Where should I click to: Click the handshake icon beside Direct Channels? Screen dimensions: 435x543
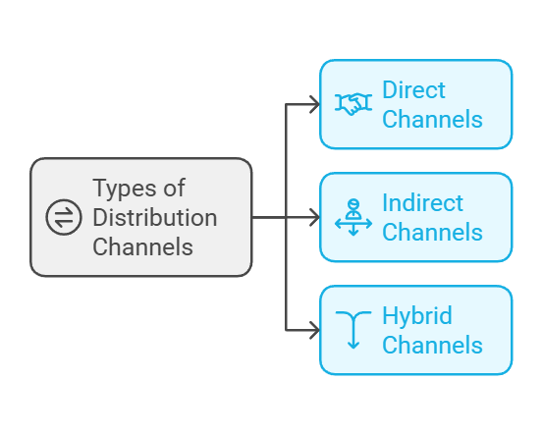[x=353, y=104]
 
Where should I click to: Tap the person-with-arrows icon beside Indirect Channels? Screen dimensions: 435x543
[x=353, y=217]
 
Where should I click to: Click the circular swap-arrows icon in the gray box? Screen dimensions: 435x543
[x=64, y=217]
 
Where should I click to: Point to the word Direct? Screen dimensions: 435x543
[x=413, y=90]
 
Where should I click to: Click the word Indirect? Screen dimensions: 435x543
[x=422, y=203]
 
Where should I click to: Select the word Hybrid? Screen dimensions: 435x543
[x=416, y=316]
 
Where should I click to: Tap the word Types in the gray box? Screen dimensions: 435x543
[x=126, y=188]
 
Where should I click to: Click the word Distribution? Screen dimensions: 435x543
[x=154, y=217]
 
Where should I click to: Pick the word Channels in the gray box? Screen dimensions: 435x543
[x=142, y=246]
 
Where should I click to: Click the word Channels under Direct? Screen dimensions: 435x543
[x=432, y=120]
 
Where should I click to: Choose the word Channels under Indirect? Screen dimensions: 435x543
[x=432, y=233]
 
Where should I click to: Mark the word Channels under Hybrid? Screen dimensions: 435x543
[x=432, y=346]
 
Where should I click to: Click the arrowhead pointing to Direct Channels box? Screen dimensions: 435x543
[x=314, y=104]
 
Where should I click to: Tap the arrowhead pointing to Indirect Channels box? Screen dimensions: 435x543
[x=314, y=217]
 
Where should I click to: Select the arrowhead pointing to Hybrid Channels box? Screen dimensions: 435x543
[x=314, y=330]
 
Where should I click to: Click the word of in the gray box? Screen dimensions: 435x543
[x=175, y=188]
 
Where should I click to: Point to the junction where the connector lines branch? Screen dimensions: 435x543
[x=286, y=217]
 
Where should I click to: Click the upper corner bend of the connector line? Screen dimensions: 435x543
[x=286, y=104]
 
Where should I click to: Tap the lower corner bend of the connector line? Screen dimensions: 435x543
[x=286, y=330]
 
